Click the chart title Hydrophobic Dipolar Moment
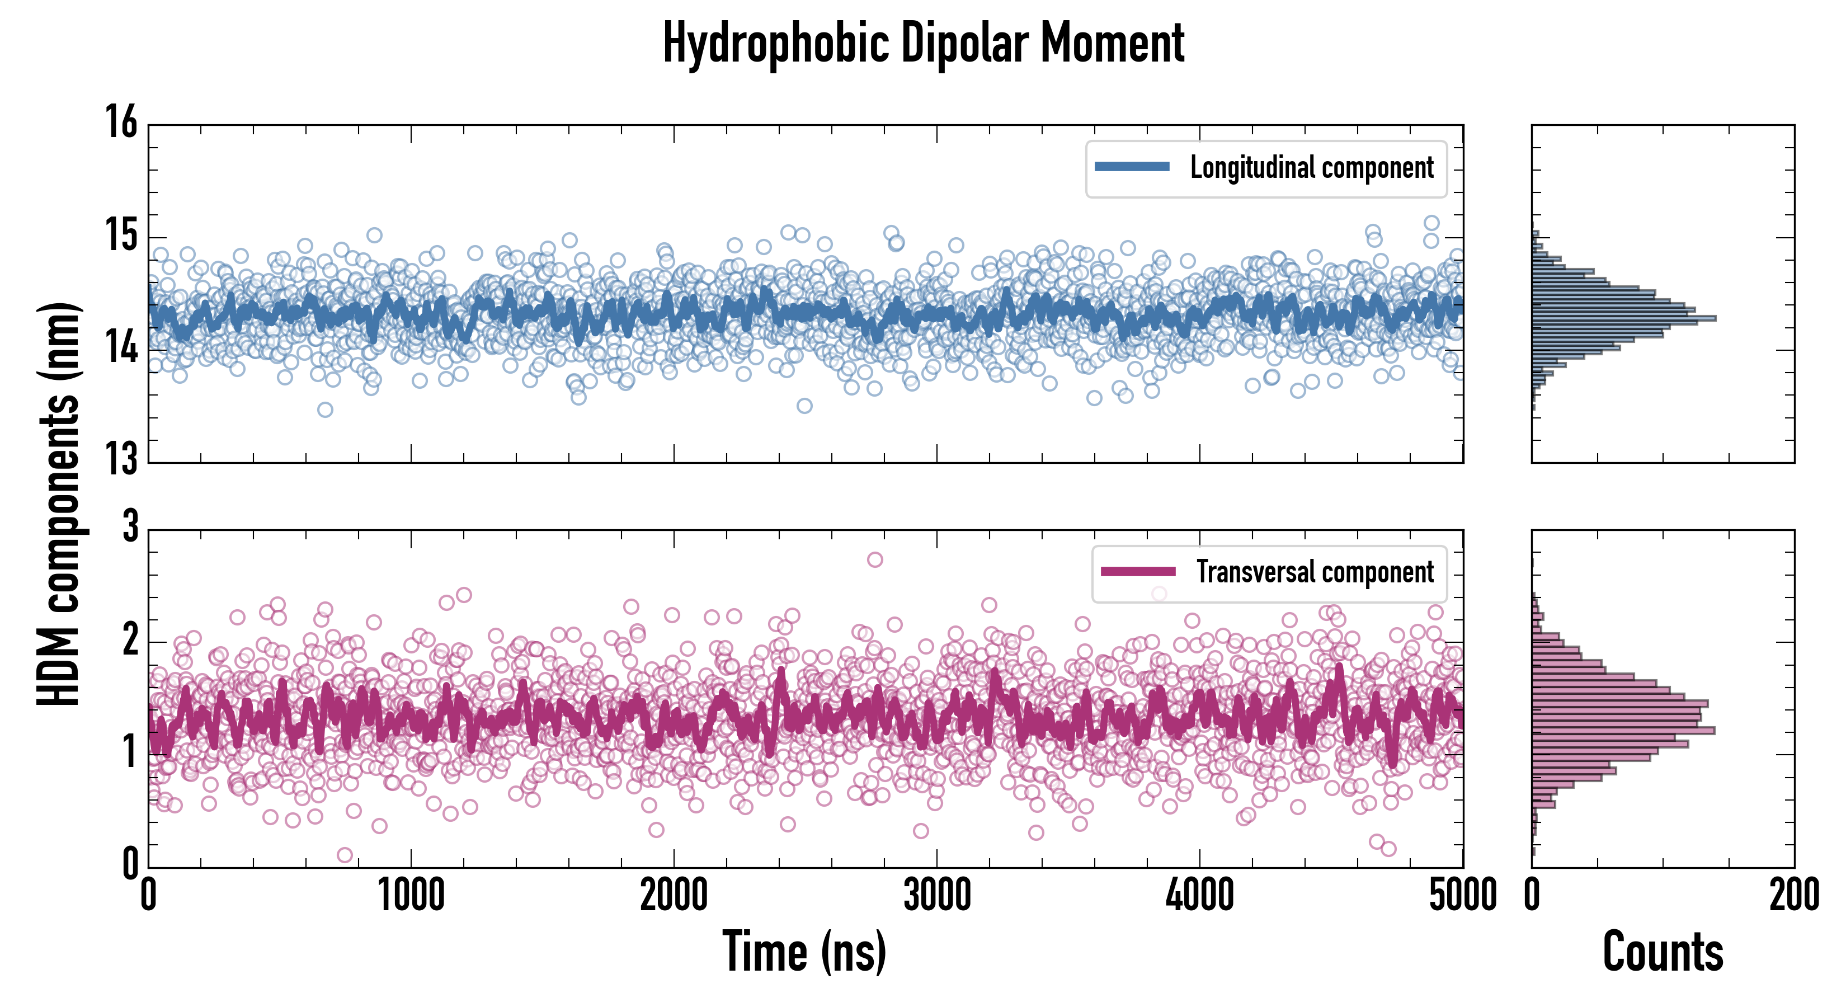point(923,43)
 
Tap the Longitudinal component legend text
point(1311,167)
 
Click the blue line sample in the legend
point(1132,167)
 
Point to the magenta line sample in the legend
point(1138,572)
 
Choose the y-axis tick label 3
point(130,527)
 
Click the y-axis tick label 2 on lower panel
point(130,640)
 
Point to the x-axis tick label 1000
point(411,896)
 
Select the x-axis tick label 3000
point(936,896)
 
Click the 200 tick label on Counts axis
point(1793,896)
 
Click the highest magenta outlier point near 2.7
point(875,560)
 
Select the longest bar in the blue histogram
point(1624,318)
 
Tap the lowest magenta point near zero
point(345,855)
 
